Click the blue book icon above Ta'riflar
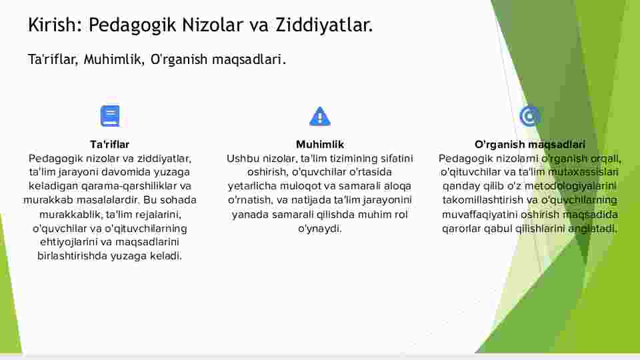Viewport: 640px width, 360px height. (x=110, y=116)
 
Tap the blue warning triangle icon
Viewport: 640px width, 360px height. (x=319, y=116)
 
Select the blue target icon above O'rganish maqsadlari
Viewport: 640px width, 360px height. (x=530, y=116)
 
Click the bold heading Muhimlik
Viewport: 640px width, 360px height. (x=320, y=145)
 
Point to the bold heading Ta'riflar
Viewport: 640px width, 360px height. (x=110, y=145)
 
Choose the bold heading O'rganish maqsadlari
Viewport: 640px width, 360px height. (x=530, y=145)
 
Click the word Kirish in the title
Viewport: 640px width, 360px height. (x=52, y=25)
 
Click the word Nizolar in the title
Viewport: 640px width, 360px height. (x=212, y=25)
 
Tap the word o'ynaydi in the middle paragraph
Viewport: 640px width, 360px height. (x=319, y=229)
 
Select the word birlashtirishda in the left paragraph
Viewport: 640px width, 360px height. (x=72, y=256)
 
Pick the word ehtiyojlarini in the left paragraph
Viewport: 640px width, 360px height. (x=69, y=242)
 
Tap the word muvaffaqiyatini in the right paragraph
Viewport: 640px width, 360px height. (x=480, y=215)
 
